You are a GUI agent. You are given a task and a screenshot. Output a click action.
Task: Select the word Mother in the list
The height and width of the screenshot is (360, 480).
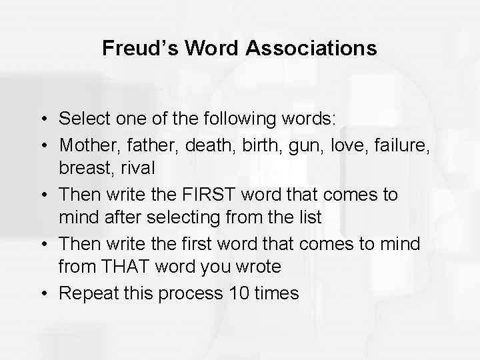[85, 143]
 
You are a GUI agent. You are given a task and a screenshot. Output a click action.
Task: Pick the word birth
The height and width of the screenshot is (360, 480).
[251, 143]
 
